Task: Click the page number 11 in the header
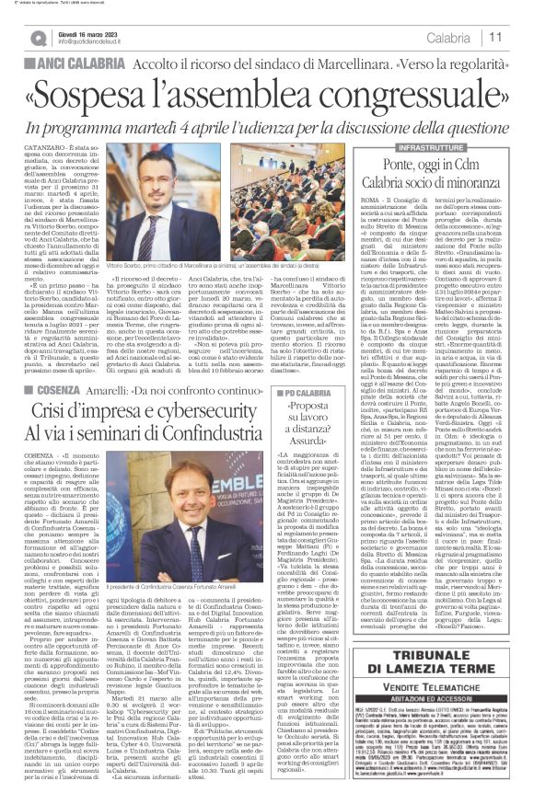click(520, 37)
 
